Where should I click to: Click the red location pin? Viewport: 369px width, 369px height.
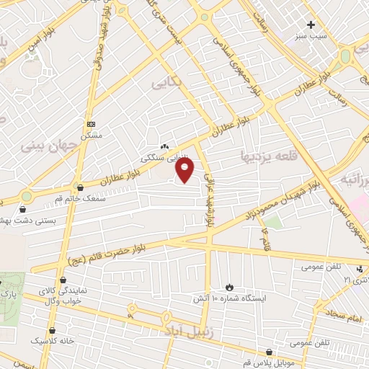186,170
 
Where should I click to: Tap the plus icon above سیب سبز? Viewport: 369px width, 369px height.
311,25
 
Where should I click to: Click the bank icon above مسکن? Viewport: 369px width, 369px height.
92,124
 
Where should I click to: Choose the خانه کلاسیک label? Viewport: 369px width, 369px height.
50,339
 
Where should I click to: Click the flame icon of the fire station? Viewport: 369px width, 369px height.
230,287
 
